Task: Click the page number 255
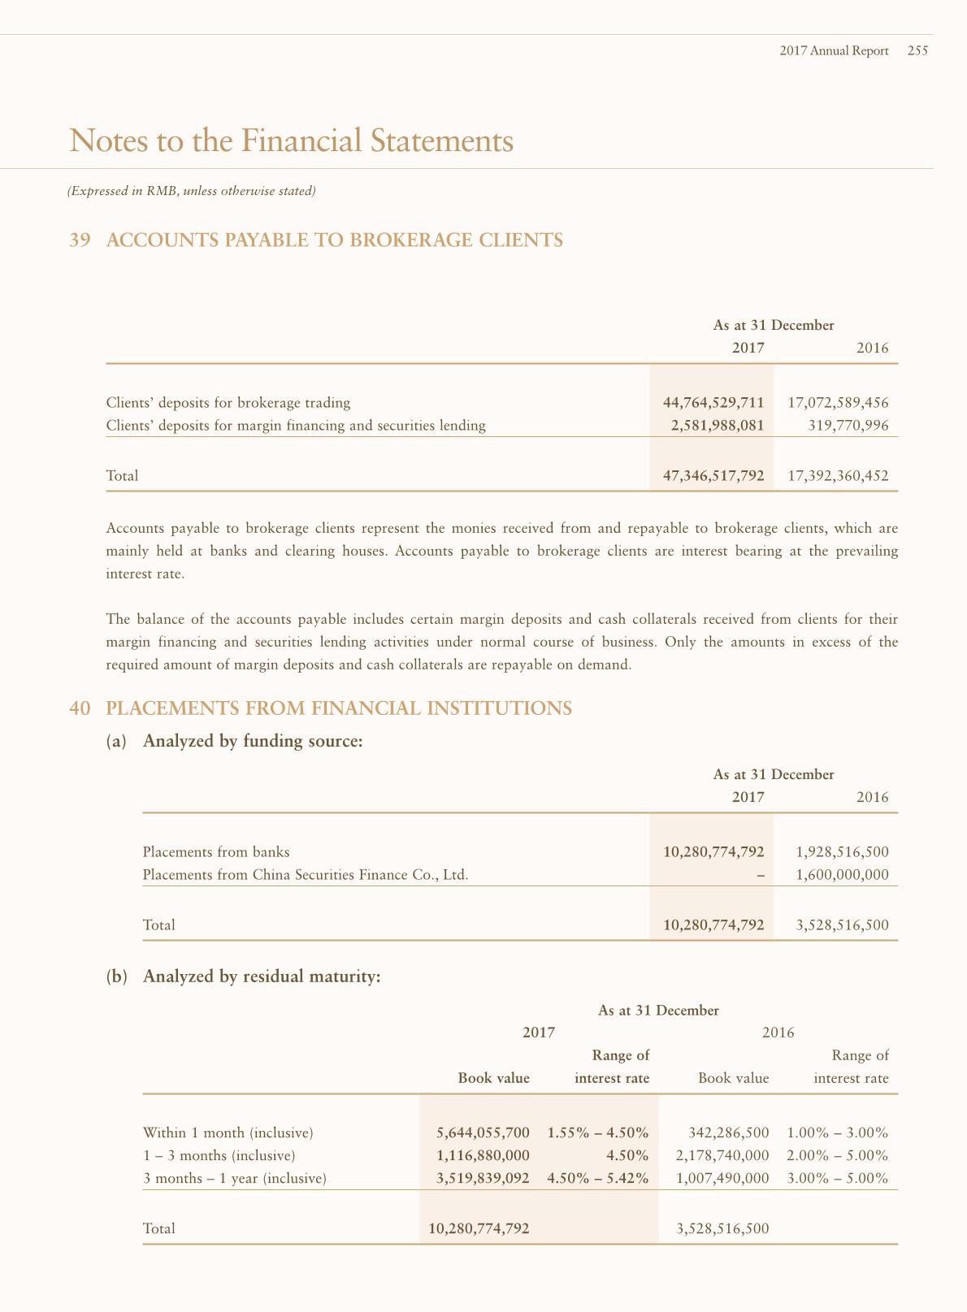click(x=917, y=50)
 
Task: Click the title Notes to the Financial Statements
click(x=292, y=141)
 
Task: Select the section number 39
click(x=80, y=240)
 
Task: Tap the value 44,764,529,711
click(x=713, y=402)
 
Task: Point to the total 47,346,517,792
click(x=713, y=475)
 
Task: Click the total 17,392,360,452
click(x=838, y=475)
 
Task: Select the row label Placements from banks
click(x=216, y=851)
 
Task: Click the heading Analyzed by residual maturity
click(x=262, y=976)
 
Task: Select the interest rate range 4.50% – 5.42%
click(x=598, y=1178)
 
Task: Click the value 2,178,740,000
click(x=722, y=1155)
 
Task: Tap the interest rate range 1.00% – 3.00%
click(x=838, y=1132)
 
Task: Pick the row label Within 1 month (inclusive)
click(x=228, y=1132)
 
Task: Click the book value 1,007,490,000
click(x=722, y=1178)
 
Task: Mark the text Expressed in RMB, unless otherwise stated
click(x=191, y=192)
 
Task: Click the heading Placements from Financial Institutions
click(x=339, y=708)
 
